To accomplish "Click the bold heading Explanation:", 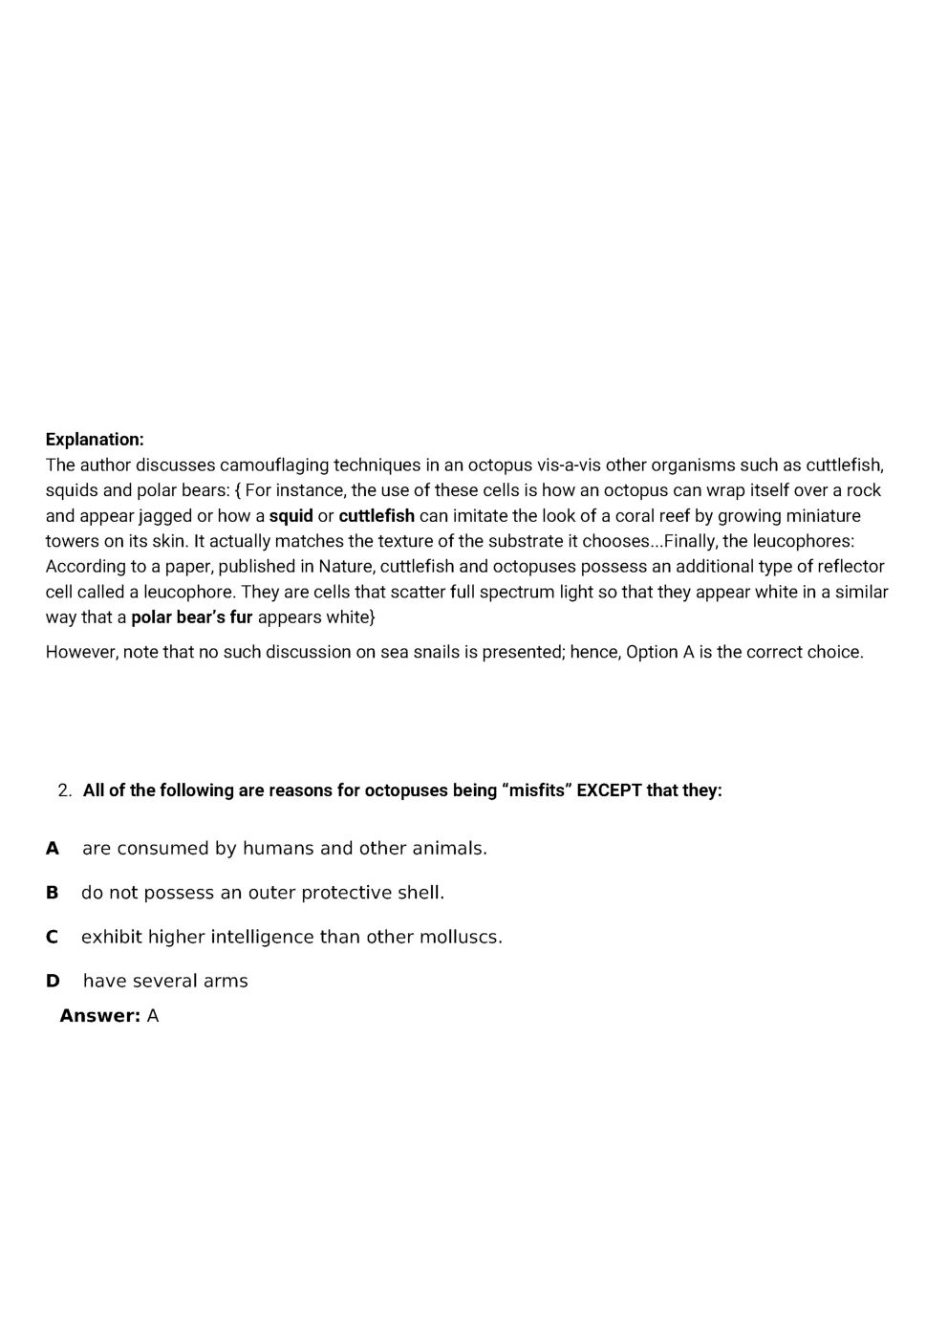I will pos(95,440).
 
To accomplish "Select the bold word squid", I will pos(291,516).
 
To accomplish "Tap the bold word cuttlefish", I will pos(377,516).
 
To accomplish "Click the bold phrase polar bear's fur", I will pos(191,617).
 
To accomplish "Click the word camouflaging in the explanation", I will pos(271,465).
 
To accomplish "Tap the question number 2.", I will pos(64,790).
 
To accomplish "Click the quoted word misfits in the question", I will pos(536,790).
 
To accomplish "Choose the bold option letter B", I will pos(53,893).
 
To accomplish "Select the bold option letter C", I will pos(53,938).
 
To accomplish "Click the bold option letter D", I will pos(53,982).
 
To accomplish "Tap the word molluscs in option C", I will pos(461,938).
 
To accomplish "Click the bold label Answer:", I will pos(99,1016).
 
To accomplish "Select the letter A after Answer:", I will pos(153,1016).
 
